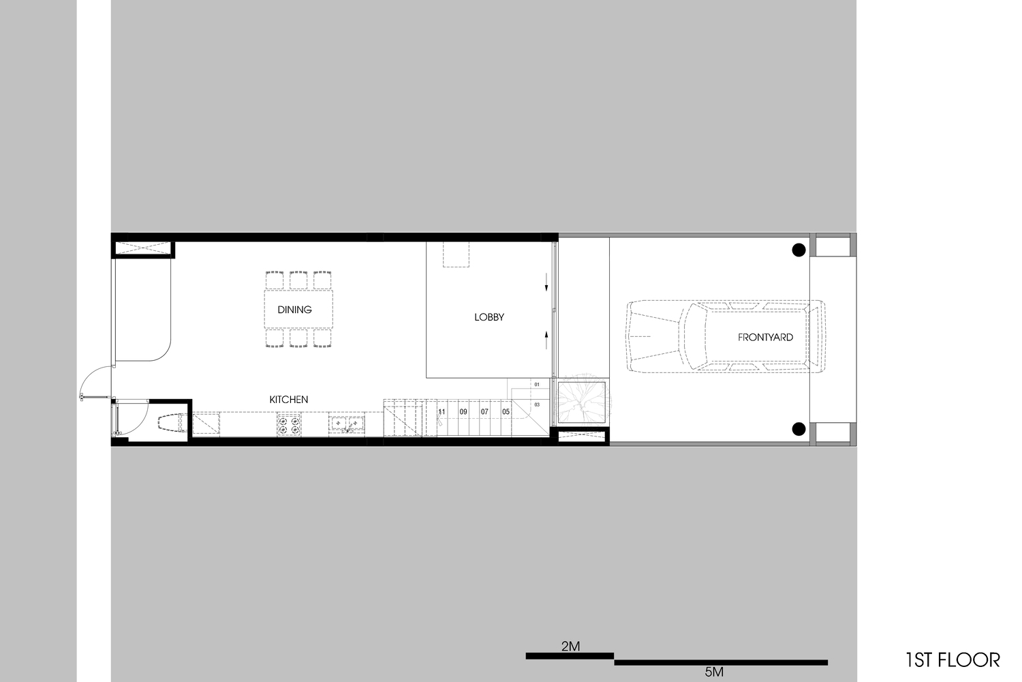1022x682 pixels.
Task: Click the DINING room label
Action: tap(294, 310)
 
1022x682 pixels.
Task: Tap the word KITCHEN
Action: tap(288, 400)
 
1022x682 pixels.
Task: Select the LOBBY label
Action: tap(489, 317)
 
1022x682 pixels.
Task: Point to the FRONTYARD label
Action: tap(765, 338)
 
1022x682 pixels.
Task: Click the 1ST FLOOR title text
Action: tap(953, 659)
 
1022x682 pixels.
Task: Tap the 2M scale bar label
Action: tap(570, 646)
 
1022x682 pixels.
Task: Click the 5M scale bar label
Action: tap(714, 672)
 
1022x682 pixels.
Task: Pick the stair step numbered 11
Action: tap(442, 412)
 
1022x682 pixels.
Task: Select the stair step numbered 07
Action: tap(484, 412)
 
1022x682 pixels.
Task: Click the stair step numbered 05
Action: tap(506, 412)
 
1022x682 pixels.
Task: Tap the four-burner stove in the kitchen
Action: tap(289, 424)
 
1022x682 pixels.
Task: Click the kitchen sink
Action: tap(347, 424)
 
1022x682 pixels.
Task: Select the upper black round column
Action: tap(799, 250)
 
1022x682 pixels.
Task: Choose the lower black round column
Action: tap(799, 429)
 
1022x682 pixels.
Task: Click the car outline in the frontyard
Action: tap(726, 336)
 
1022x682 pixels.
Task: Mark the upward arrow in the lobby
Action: tap(546, 340)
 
